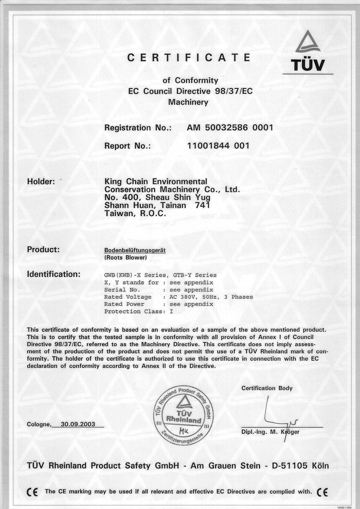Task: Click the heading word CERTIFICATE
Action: [189, 58]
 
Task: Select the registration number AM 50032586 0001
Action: [229, 128]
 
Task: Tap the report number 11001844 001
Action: [219, 146]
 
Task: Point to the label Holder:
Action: [41, 181]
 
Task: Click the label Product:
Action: [43, 250]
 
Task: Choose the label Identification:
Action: [53, 275]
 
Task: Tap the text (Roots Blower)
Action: [125, 258]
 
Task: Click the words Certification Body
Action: [267, 388]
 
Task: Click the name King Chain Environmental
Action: [155, 182]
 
